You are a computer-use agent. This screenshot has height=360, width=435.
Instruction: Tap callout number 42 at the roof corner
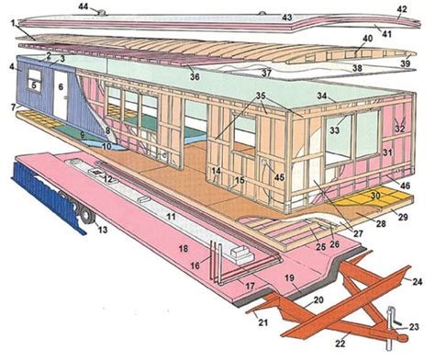[401, 10]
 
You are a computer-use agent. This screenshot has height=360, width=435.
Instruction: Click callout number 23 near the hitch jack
[414, 326]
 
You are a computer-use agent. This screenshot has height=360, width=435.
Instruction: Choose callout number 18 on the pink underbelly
[184, 249]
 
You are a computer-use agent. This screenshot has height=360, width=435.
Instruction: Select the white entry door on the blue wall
[61, 96]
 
